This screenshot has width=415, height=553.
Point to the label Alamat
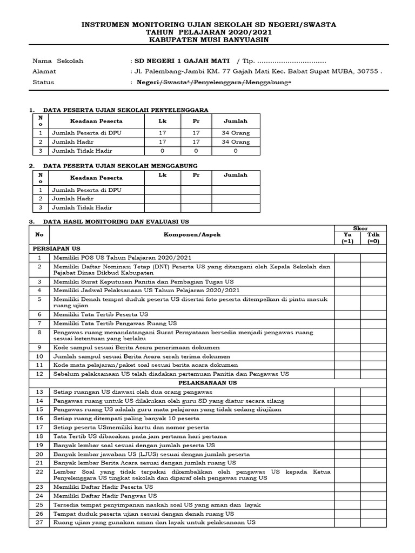pos(44,71)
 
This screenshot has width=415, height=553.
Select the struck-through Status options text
pos(214,82)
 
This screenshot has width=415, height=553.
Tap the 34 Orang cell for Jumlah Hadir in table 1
pos(235,142)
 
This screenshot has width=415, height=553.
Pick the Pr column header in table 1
pos(196,122)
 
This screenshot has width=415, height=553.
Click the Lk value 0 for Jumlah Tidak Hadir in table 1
pos(162,151)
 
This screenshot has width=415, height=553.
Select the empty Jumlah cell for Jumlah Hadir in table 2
pos(235,199)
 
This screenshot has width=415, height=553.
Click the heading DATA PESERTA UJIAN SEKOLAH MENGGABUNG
pos(120,166)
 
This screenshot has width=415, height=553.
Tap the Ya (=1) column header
pos(347,238)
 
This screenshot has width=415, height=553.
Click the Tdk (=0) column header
pos(373,238)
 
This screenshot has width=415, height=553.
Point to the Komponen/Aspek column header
pos(192,235)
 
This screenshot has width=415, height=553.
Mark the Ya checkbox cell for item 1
pos(347,258)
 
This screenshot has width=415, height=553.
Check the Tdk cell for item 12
pos(373,374)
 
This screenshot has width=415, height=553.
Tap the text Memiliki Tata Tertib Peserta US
pos(101,314)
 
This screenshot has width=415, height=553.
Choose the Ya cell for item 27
pos(347,522)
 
